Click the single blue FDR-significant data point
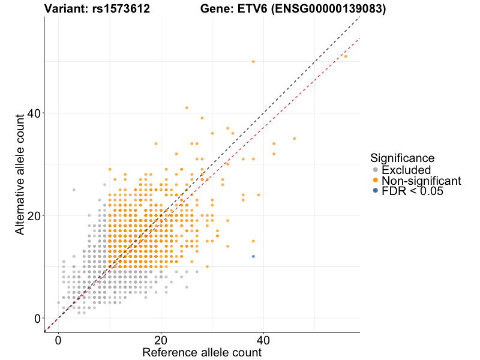(253, 256)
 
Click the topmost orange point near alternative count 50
(253, 62)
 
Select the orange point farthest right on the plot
(345, 56)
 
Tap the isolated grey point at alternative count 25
(74, 190)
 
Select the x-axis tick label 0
(58, 340)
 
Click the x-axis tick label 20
(161, 340)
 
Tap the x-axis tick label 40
(263, 340)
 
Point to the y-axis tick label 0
(37, 318)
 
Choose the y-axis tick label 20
(34, 215)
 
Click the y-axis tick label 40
(34, 113)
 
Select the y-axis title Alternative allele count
(20, 175)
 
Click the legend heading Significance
(402, 158)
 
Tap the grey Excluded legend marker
(376, 170)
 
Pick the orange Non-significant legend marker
(376, 181)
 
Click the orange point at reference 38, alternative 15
(253, 241)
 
